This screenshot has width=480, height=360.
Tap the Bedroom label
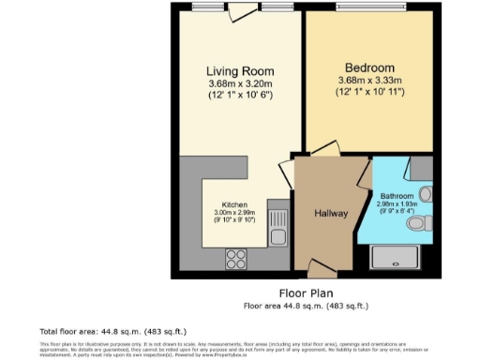[368, 68]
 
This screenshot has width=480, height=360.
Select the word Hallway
[330, 214]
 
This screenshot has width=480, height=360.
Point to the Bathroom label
[397, 196]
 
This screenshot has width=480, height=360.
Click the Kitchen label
[235, 204]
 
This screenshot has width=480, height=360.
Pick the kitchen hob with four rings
[236, 256]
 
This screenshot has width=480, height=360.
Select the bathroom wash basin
[426, 194]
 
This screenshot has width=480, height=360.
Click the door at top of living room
[245, 11]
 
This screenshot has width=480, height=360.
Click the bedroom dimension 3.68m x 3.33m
[368, 82]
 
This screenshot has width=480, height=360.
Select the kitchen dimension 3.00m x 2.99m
[235, 213]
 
